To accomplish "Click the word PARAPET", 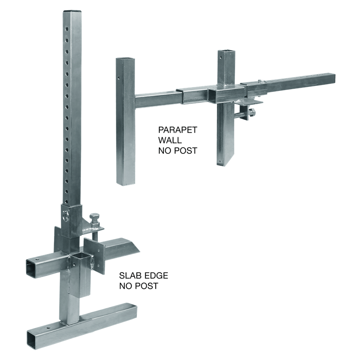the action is click(178, 130).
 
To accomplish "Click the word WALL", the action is click(170, 140).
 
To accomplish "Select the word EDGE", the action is click(157, 275).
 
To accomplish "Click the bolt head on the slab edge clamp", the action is click(94, 217).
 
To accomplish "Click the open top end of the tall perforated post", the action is click(72, 11).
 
